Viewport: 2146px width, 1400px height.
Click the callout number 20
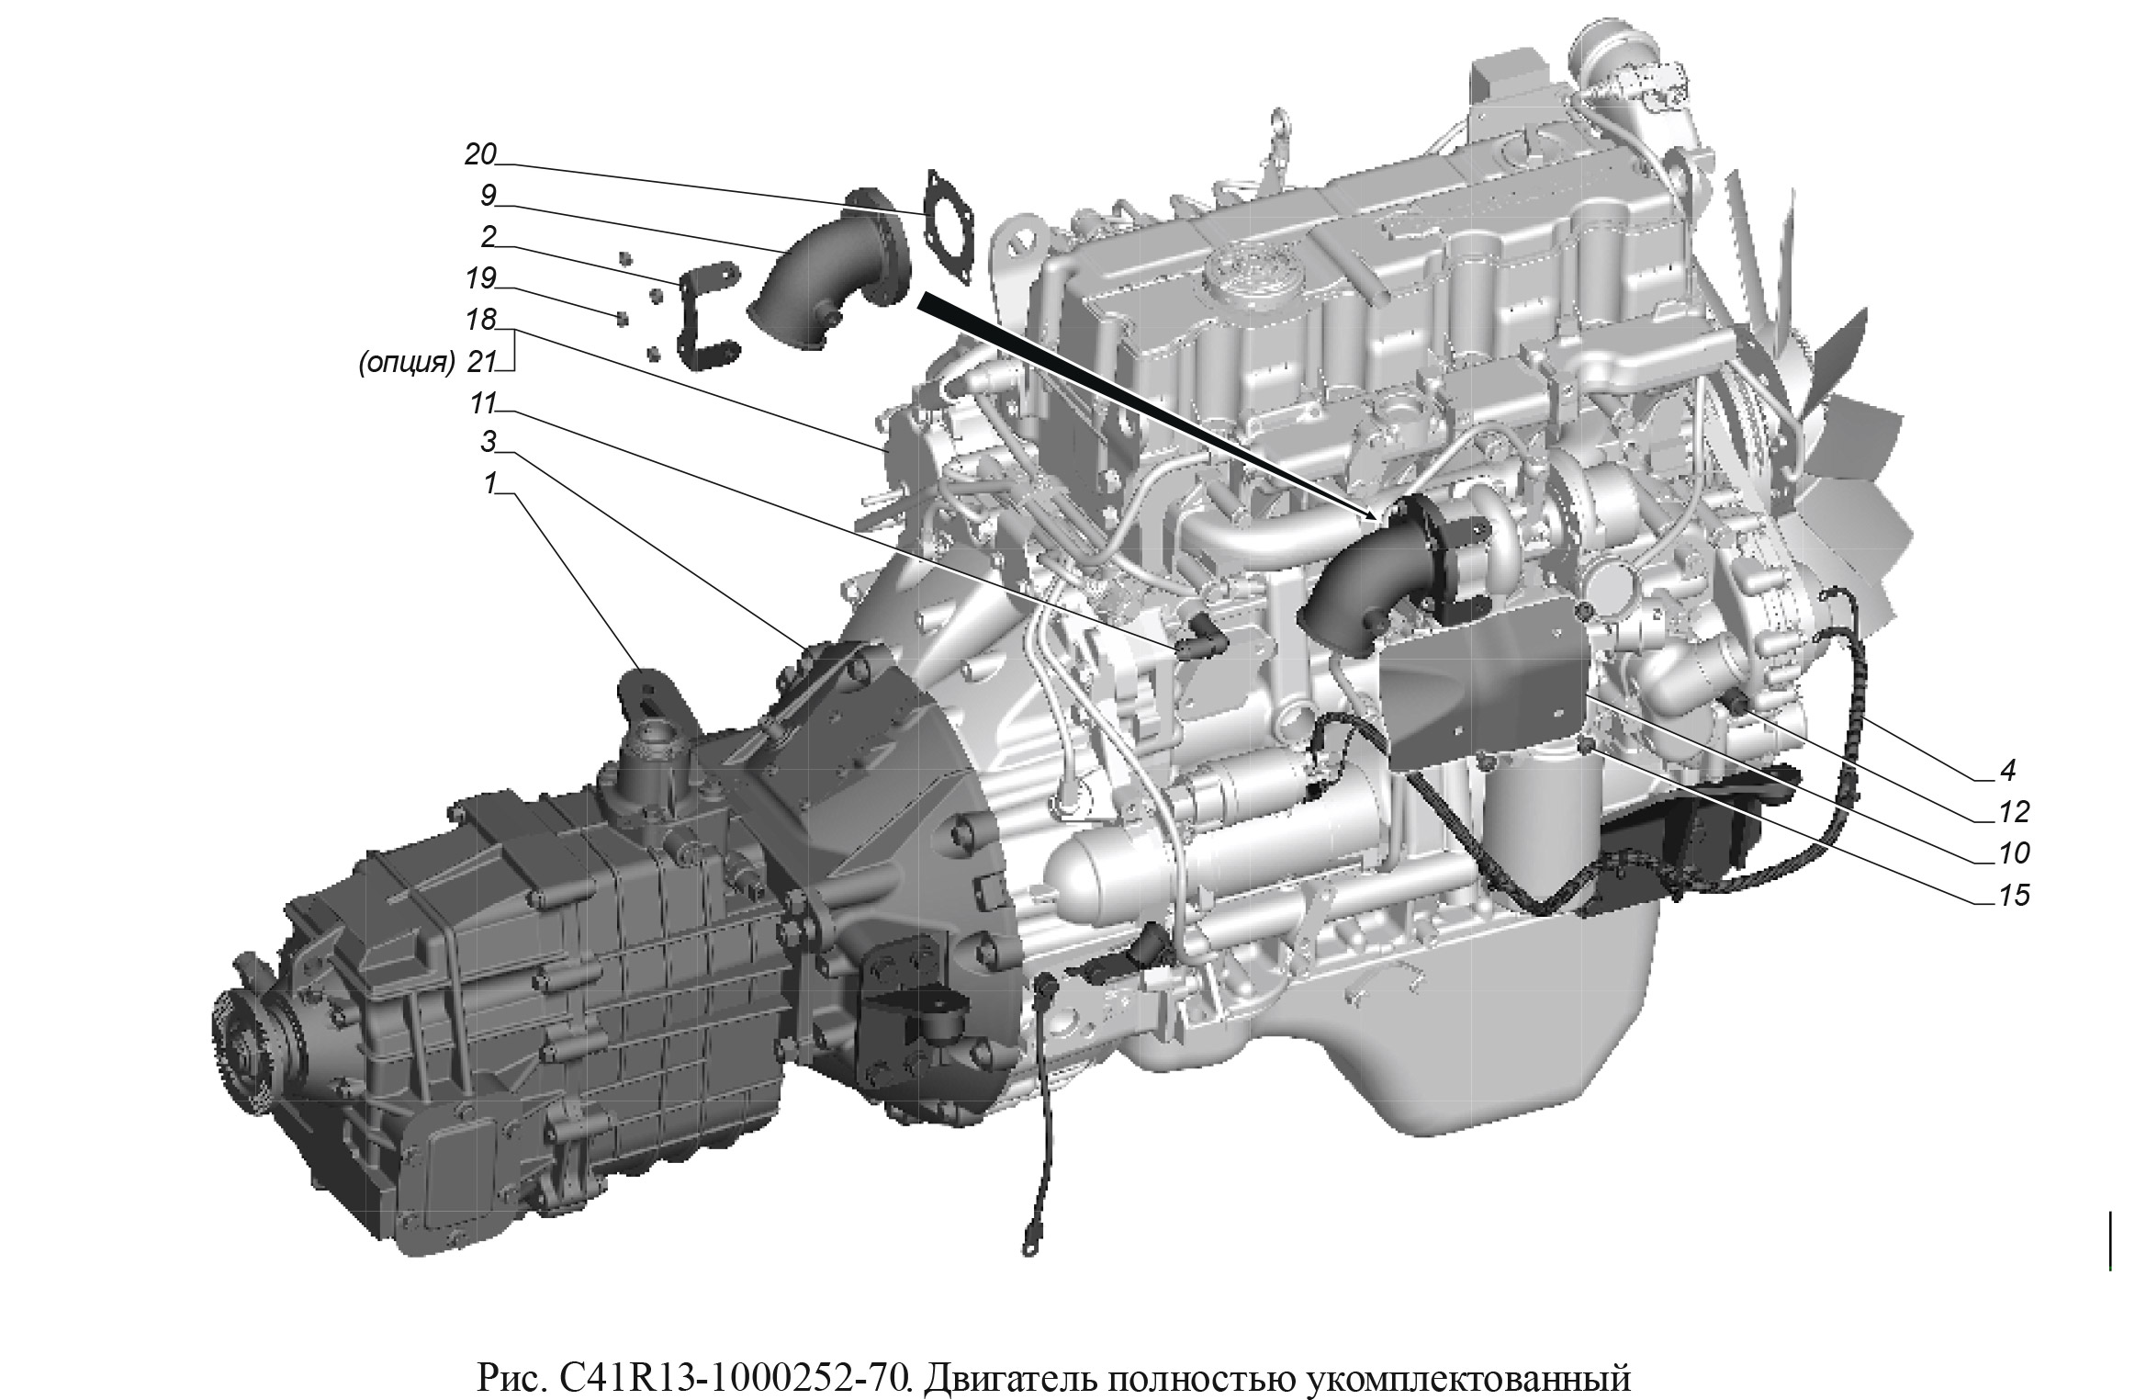click(x=479, y=155)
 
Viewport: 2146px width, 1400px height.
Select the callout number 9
click(x=488, y=195)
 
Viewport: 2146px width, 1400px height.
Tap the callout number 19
click(x=480, y=277)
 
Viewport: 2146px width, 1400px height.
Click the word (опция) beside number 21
click(x=406, y=363)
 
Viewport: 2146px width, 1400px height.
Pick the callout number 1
click(x=490, y=482)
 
